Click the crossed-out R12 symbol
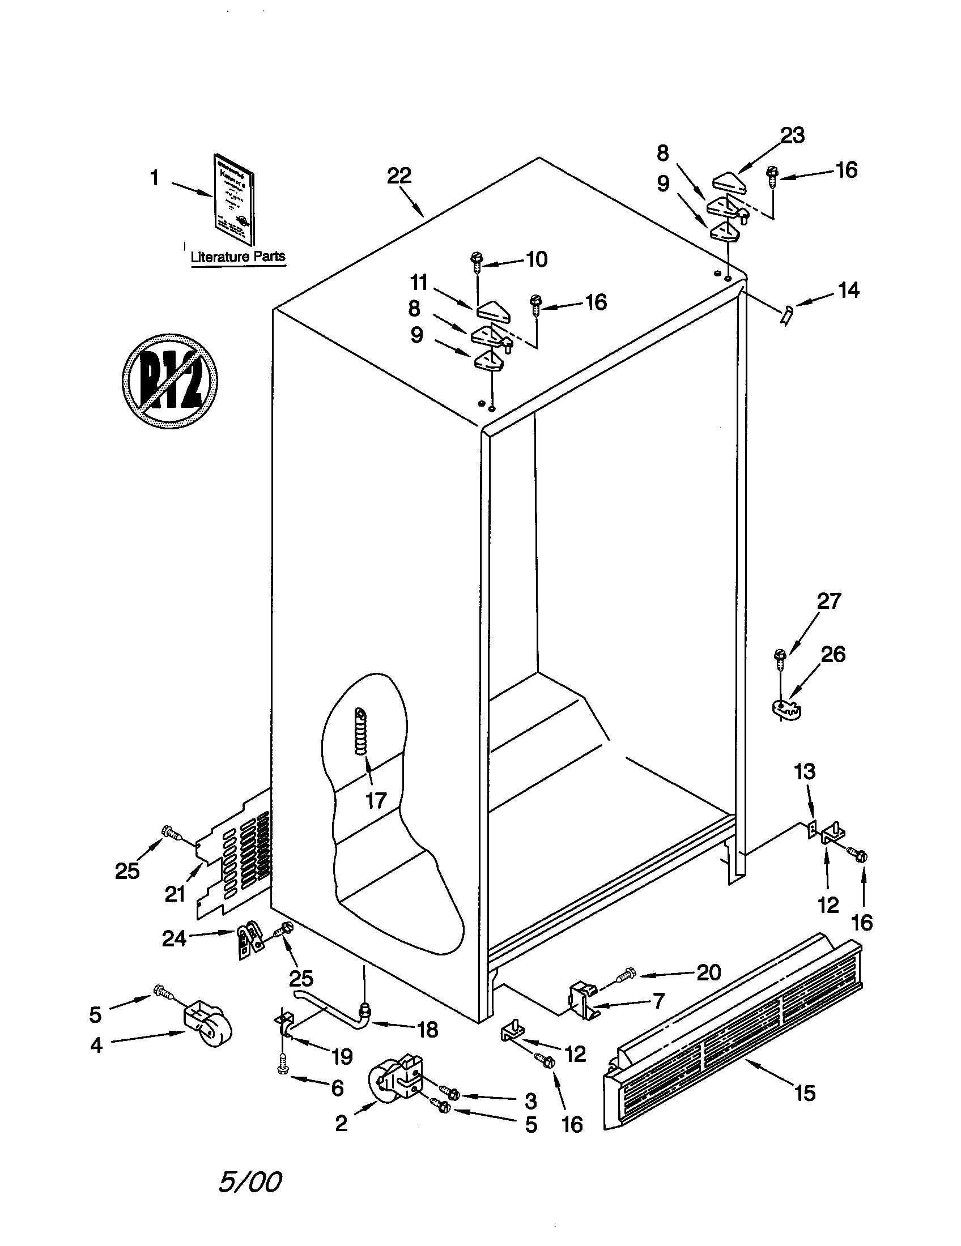point(169,381)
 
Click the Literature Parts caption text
point(238,257)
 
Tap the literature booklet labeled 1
point(234,199)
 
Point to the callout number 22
point(399,176)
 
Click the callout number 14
point(849,291)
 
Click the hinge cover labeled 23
point(729,181)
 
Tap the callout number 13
point(805,772)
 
